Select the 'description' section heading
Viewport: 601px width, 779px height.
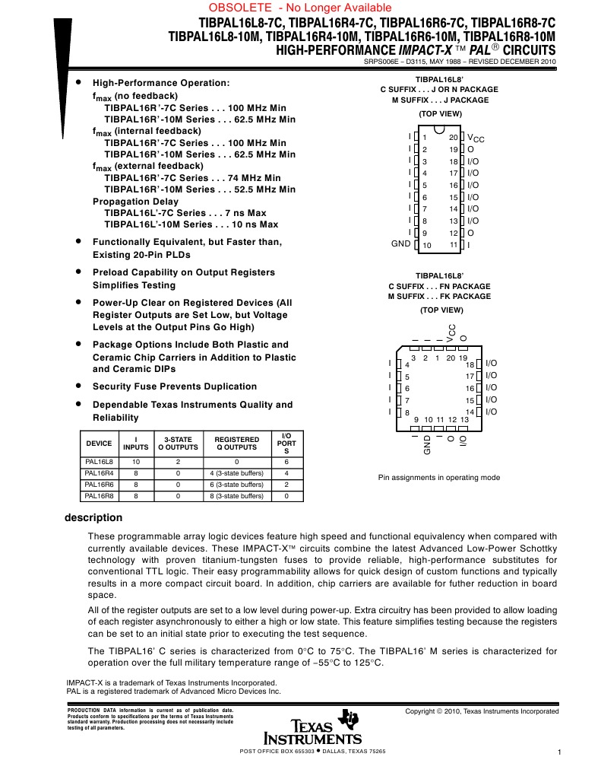(93, 518)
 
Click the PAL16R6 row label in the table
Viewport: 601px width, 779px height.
(99, 484)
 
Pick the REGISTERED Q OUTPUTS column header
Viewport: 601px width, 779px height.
(236, 444)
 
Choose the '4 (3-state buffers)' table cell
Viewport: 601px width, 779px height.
(236, 473)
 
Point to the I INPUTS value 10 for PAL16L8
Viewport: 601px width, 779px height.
(135, 462)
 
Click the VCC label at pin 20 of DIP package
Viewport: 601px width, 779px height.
(476, 138)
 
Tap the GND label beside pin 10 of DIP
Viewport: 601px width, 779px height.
(400, 244)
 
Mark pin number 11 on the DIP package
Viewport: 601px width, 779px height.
(454, 244)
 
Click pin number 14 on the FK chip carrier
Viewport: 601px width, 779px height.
(470, 412)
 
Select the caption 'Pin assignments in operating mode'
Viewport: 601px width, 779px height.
(439, 478)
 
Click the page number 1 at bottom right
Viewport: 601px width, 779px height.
(558, 753)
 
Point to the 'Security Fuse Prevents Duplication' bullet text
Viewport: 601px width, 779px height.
(175, 386)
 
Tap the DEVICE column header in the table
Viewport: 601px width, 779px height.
(99, 444)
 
